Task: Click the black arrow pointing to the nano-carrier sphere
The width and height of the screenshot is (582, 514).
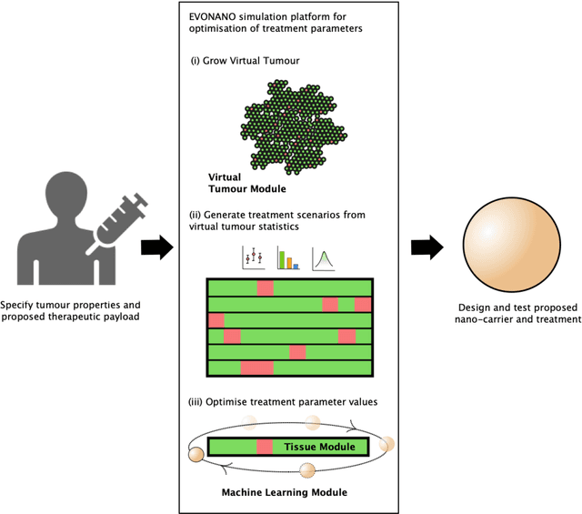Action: click(x=426, y=248)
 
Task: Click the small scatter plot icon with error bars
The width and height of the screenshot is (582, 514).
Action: click(x=252, y=258)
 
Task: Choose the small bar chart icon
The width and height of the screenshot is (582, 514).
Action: click(x=287, y=258)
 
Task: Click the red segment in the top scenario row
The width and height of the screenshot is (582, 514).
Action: click(x=265, y=287)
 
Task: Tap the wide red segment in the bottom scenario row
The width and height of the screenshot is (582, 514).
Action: click(x=256, y=368)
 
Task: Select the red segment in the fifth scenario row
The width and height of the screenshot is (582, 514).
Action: click(x=297, y=351)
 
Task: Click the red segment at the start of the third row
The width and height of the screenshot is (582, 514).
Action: click(x=216, y=320)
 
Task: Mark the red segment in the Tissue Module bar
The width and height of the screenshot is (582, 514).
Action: click(x=265, y=447)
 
